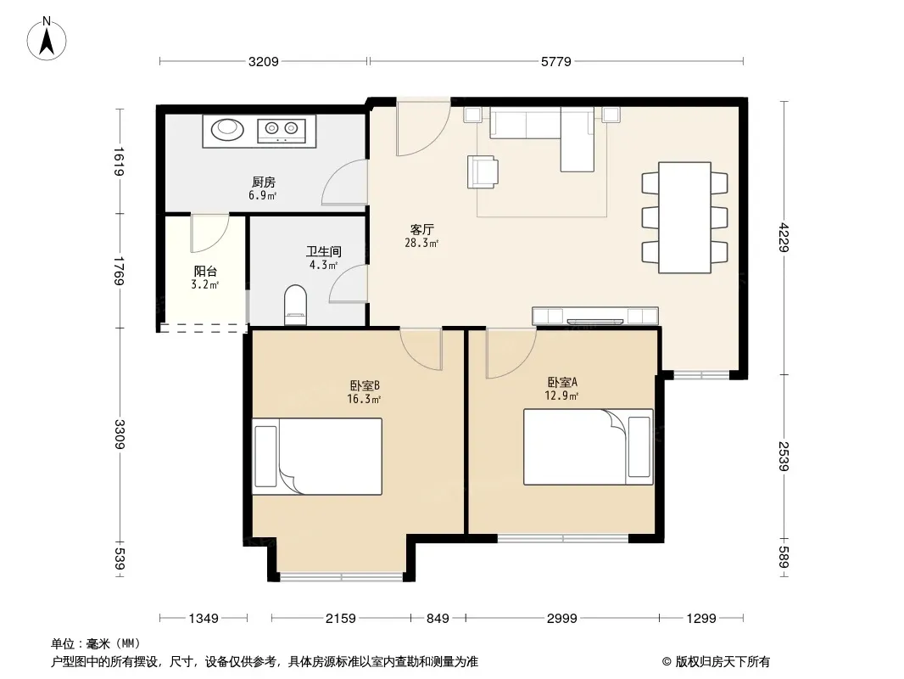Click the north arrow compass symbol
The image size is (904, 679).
(x=47, y=38)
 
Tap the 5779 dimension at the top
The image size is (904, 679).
(x=555, y=61)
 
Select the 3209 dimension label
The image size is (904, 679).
(x=264, y=61)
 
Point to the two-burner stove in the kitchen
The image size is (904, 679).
(x=282, y=131)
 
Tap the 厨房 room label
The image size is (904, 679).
(x=264, y=182)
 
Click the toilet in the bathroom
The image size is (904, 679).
(x=296, y=304)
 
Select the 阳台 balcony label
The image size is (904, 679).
(x=205, y=271)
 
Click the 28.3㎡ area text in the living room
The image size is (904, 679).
(x=421, y=244)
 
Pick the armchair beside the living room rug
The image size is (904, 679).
(x=483, y=172)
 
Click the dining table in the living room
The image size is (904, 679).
(x=684, y=217)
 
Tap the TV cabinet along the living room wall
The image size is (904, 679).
(x=595, y=316)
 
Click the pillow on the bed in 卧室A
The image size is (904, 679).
(x=639, y=447)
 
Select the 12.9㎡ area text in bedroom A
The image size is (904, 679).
(x=561, y=396)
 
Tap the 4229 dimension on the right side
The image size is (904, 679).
(x=783, y=237)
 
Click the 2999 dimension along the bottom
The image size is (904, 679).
(x=561, y=619)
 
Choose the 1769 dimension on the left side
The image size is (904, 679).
(x=119, y=271)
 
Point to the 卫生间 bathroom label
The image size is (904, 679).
(x=323, y=251)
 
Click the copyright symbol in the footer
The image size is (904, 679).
(x=667, y=662)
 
